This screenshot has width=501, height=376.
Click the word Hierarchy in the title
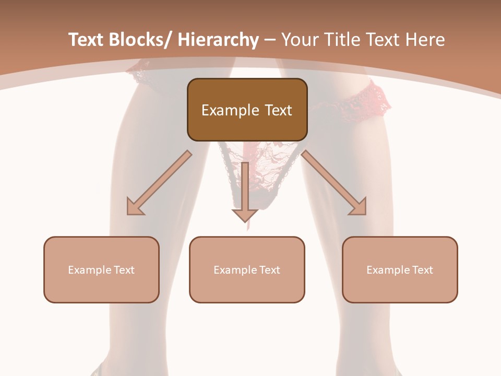pos(218,40)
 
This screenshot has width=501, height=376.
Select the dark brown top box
pos(247,110)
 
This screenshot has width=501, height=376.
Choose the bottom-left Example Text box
pos(101,269)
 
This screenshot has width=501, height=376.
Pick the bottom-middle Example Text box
pos(247,269)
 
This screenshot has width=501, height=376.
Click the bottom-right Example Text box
pos(400,269)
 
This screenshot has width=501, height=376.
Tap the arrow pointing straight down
pos(245,191)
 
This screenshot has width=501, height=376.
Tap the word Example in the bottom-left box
pos(90,270)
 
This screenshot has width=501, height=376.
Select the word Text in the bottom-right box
pos(422,270)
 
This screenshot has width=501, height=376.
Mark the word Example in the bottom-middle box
pos(235,270)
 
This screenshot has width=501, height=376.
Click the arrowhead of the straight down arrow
pos(245,214)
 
